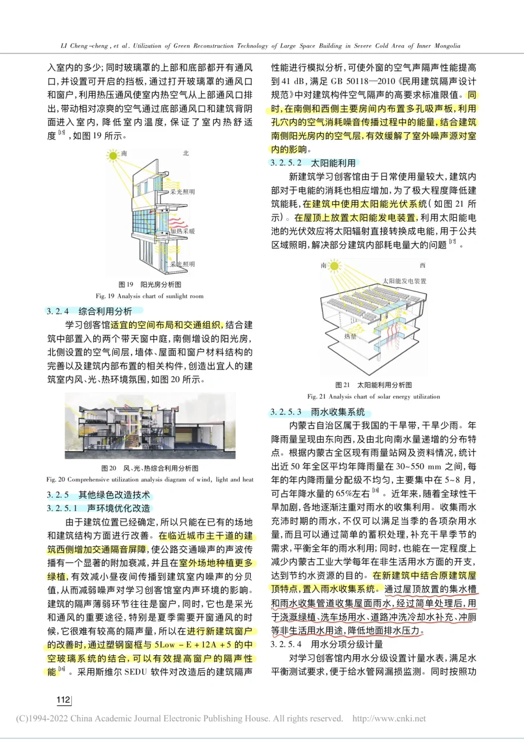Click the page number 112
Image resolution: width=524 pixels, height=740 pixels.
64,699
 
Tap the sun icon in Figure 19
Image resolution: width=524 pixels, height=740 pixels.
113,155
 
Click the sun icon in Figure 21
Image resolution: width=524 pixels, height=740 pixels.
333,265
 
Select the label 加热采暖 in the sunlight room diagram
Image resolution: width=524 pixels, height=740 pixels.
182,231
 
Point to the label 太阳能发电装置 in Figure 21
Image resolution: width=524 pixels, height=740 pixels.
404,281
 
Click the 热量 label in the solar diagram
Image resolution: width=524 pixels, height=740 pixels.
350,336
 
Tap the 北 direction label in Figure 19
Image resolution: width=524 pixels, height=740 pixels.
186,153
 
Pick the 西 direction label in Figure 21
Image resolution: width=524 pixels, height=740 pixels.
422,265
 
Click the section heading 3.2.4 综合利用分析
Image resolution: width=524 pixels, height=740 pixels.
89,311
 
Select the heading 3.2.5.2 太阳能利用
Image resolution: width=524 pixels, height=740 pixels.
313,163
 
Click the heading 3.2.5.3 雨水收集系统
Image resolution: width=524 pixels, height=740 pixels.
317,412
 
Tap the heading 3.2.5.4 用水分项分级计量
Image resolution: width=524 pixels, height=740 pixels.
327,644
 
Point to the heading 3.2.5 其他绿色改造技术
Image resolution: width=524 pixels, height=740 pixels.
98,495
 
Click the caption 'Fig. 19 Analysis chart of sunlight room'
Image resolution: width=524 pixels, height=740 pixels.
149,296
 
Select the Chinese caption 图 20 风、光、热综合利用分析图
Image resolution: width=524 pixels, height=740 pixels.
149,468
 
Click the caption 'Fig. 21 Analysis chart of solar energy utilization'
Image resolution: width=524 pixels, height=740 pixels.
373,396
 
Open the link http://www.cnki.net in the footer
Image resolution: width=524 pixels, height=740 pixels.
389,719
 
